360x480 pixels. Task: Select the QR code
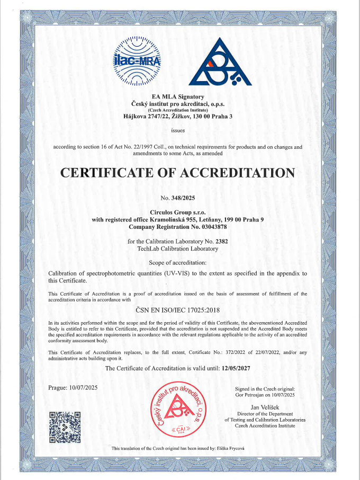click(65, 427)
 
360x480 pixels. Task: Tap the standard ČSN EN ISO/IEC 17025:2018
click(177, 310)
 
